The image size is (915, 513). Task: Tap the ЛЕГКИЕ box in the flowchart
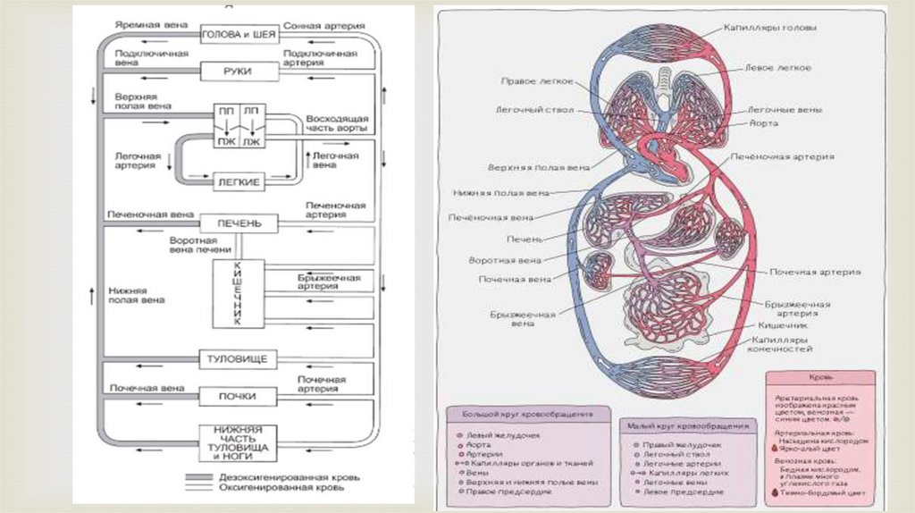pyautogui.click(x=238, y=181)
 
